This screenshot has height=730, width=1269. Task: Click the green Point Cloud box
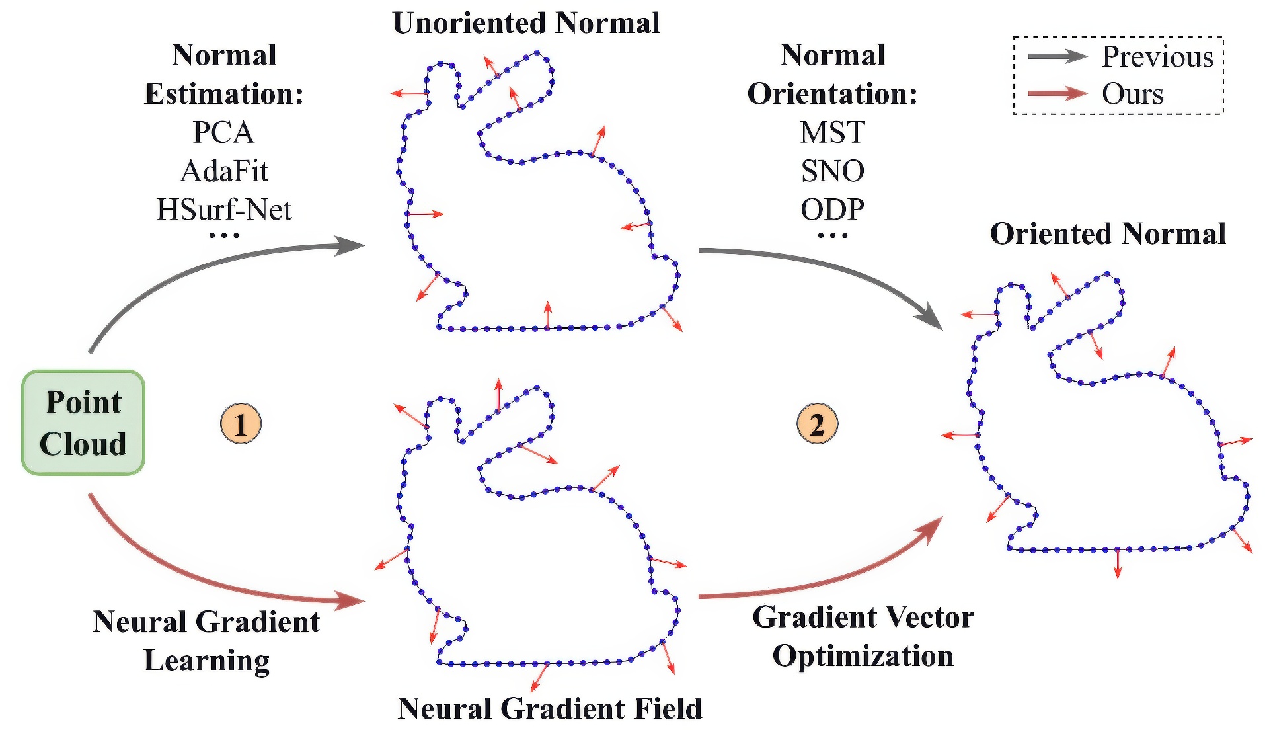83,423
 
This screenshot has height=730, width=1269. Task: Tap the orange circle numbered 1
241,424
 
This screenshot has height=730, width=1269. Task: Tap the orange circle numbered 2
817,424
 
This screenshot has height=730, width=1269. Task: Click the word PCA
223,132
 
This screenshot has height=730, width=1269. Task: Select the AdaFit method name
224,171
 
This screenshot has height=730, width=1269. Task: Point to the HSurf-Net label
224,210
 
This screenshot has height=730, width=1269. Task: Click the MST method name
832,132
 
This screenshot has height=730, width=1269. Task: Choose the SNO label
832,171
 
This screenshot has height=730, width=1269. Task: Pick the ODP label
832,210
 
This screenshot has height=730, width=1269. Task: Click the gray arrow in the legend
1057,57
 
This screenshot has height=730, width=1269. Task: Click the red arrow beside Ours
1057,93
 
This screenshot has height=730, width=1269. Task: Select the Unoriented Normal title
526,23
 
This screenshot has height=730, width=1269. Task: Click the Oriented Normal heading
1108,234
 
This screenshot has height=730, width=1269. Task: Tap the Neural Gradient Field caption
549,708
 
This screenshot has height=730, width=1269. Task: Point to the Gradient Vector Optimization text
863,636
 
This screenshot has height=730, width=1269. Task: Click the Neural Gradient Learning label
206,641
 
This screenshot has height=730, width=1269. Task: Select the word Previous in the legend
1157,57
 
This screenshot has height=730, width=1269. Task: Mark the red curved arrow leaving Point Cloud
198,575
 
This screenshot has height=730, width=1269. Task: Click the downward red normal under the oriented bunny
1118,563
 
